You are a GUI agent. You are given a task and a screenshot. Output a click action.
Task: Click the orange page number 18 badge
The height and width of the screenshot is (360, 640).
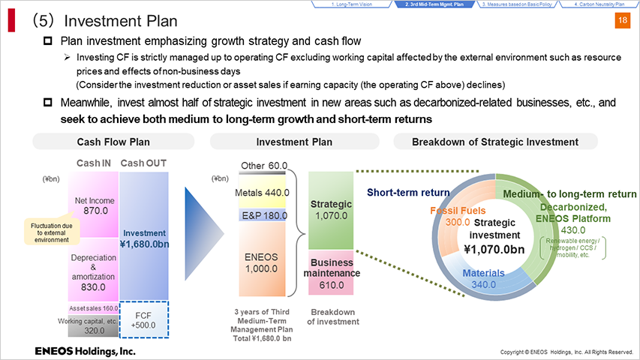click(x=623, y=20)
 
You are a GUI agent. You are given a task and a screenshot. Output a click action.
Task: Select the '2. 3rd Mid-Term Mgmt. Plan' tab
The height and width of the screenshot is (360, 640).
click(x=434, y=4)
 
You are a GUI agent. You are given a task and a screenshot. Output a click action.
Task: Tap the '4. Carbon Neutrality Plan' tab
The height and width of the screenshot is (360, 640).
click(x=599, y=4)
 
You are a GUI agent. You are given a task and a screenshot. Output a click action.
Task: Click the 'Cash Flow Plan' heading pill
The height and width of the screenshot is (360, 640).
click(x=113, y=142)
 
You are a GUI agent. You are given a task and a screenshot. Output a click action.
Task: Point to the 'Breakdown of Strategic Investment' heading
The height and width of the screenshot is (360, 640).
click(x=495, y=142)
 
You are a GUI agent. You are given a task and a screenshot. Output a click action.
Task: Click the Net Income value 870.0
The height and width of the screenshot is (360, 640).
click(x=95, y=211)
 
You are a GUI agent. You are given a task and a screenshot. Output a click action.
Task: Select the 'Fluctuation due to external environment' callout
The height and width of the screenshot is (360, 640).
click(x=52, y=232)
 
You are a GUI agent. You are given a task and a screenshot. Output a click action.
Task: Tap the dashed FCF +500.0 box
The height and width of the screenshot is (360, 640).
click(x=143, y=319)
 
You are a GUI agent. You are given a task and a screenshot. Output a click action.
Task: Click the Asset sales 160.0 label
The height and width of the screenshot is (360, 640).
click(x=94, y=308)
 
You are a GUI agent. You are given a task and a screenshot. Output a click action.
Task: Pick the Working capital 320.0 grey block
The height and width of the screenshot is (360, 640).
click(x=94, y=325)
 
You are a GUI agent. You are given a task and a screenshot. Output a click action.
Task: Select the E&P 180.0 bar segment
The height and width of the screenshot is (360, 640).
click(x=262, y=215)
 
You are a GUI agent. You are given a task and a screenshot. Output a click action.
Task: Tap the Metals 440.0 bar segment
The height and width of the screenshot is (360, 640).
click(x=262, y=192)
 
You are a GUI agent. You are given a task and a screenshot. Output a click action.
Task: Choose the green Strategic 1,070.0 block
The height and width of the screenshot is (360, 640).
click(x=331, y=210)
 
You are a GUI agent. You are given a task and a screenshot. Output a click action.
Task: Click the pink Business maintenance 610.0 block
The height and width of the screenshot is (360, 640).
click(x=331, y=273)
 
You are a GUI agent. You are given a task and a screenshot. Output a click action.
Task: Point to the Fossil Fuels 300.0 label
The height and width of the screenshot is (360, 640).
click(x=458, y=216)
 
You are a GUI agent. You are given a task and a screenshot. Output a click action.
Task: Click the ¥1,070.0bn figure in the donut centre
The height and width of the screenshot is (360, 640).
click(x=494, y=249)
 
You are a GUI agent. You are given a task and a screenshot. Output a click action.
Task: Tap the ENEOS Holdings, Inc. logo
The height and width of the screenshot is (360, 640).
click(x=85, y=352)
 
